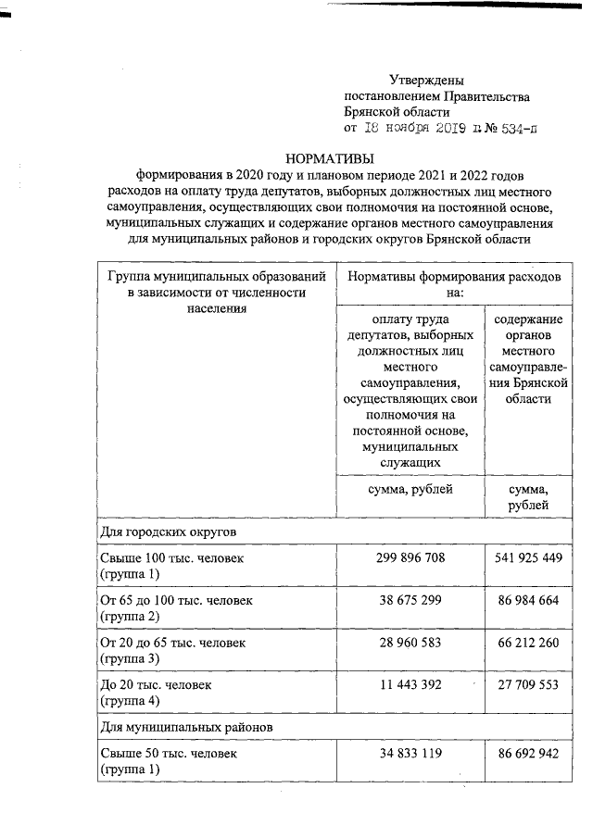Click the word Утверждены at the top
click(426, 81)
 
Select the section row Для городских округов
click(168, 533)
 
